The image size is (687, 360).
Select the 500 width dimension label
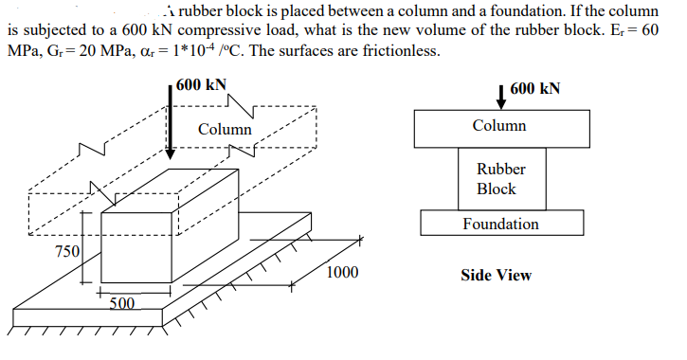click(x=121, y=303)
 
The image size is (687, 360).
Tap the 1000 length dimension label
click(x=341, y=273)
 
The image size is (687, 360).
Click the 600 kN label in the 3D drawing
click(x=201, y=84)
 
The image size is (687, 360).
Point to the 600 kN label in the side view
click(x=534, y=89)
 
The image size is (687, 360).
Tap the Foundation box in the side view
click(x=500, y=224)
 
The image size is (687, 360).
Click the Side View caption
click(x=496, y=276)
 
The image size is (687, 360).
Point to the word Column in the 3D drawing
click(x=225, y=129)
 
